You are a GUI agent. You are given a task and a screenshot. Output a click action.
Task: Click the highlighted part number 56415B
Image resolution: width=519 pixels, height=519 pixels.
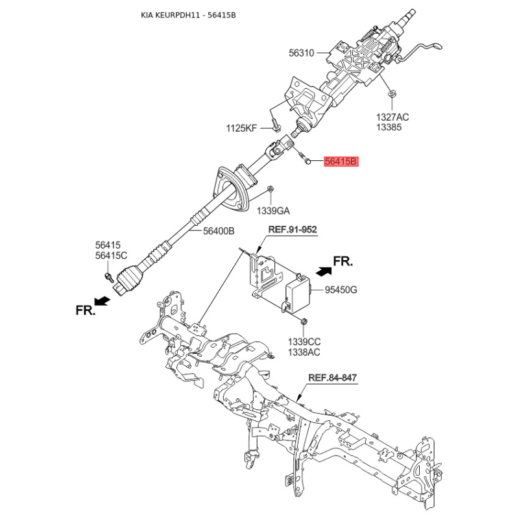point(341,162)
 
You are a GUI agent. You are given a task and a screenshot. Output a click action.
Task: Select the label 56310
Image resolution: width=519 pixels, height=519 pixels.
point(301,53)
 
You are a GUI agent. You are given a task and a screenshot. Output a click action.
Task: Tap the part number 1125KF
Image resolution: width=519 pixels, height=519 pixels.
point(241,128)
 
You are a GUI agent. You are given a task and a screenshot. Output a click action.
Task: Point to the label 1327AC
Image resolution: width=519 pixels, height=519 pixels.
point(392,117)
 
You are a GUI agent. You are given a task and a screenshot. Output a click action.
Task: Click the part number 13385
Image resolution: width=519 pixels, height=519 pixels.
point(389,127)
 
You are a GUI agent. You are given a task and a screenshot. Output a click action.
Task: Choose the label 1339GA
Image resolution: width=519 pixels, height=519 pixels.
point(273,211)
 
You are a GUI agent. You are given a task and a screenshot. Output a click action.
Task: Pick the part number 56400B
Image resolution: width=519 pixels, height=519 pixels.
point(219,231)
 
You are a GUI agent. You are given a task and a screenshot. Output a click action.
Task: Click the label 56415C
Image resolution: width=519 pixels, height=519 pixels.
point(111,256)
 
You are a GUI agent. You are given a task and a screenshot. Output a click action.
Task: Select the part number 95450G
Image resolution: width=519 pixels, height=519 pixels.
point(341,290)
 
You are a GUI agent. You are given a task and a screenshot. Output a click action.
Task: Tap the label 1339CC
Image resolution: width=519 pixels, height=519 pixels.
point(304,342)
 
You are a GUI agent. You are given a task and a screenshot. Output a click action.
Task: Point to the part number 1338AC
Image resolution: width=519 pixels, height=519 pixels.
point(304,352)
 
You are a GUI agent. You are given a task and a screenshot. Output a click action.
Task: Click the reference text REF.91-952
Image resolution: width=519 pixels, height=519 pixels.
point(293,230)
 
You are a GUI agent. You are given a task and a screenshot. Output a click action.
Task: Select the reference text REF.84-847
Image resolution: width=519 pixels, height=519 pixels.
point(332,378)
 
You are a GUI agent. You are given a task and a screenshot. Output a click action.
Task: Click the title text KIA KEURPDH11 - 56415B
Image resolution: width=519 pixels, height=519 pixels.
point(188,15)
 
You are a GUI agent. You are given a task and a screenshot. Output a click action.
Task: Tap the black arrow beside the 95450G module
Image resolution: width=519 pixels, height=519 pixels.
point(323,271)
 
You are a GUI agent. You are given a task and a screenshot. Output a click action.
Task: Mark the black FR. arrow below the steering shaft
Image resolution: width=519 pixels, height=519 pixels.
point(102,301)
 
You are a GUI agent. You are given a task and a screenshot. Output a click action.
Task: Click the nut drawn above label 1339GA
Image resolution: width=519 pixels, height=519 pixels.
point(270,189)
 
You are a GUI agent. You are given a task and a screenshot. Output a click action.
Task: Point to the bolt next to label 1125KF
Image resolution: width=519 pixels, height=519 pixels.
point(276,125)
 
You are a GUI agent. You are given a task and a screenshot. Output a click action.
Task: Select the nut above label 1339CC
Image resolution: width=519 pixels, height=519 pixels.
point(304,320)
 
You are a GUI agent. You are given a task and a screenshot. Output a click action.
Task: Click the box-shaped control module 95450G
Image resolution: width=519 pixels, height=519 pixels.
point(298,293)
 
